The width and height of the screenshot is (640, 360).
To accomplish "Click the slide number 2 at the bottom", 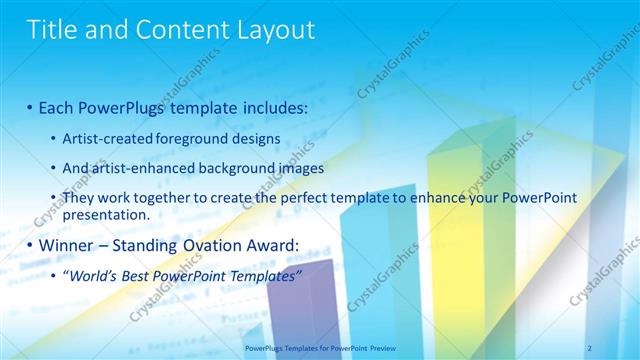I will (x=589, y=347).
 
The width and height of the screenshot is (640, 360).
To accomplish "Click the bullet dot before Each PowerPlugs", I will (x=30, y=106).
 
